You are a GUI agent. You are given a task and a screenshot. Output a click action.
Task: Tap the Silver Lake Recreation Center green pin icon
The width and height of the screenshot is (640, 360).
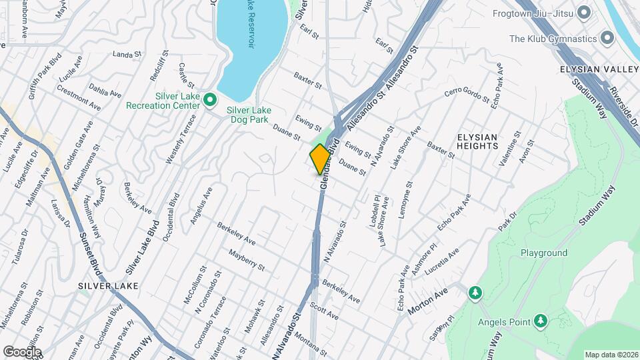click(210, 101)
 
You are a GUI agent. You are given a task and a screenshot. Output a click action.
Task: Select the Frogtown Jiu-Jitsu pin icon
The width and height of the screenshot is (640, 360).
click(585, 13)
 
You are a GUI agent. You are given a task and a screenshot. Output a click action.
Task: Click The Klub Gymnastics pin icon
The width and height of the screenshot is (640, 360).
click(607, 39)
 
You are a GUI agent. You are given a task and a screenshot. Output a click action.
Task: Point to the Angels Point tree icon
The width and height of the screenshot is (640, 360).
click(541, 323)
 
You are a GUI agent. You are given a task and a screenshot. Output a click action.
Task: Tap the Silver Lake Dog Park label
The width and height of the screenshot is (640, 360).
click(249, 115)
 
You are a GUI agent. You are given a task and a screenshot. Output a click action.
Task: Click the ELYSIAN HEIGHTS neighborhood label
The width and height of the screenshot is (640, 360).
click(477, 141)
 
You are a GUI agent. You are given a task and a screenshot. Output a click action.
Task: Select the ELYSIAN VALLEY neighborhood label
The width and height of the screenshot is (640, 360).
click(599, 69)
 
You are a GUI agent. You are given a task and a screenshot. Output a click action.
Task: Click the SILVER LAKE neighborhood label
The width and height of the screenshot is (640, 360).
click(108, 286)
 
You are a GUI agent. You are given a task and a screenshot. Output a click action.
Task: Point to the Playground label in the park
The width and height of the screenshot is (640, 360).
click(543, 253)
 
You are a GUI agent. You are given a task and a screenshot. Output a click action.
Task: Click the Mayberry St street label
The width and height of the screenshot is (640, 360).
click(247, 260)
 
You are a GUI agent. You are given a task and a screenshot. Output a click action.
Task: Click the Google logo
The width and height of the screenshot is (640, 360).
click(22, 351)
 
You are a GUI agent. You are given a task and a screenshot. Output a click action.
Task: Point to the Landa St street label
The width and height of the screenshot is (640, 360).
click(129, 54)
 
